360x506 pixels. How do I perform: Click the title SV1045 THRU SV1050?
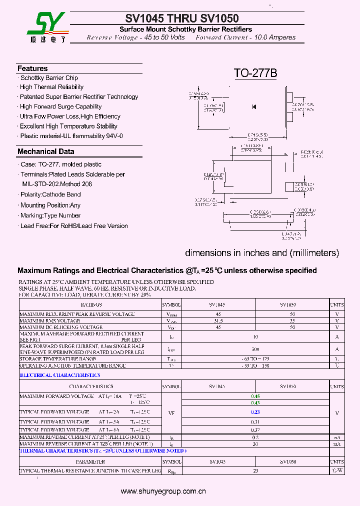tap(182, 19)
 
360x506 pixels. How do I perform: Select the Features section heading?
tap(32, 68)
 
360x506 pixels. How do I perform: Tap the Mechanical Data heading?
tap(45, 151)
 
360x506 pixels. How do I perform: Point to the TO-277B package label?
tap(255, 73)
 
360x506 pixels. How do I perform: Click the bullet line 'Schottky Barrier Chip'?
tap(49, 78)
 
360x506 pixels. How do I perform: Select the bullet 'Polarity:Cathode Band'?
tap(50, 194)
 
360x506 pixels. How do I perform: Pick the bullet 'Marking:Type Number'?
tap(50, 215)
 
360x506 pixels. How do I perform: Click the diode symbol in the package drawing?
tap(254, 106)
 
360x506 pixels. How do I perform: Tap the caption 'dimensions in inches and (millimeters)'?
tap(262, 253)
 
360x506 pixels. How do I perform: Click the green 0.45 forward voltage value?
tap(255, 396)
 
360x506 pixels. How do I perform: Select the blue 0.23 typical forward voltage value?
tap(255, 412)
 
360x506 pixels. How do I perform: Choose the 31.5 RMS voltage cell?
tap(218, 320)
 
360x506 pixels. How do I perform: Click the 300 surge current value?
tap(255, 349)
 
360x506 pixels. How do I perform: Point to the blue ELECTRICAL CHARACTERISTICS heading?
tap(60, 375)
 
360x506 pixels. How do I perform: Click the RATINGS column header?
tap(90, 304)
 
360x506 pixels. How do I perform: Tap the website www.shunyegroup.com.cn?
tap(163, 491)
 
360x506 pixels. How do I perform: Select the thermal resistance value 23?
tap(255, 471)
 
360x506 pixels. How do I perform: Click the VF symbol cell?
tap(171, 413)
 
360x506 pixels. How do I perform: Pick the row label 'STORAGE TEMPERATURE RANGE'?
tap(57, 359)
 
